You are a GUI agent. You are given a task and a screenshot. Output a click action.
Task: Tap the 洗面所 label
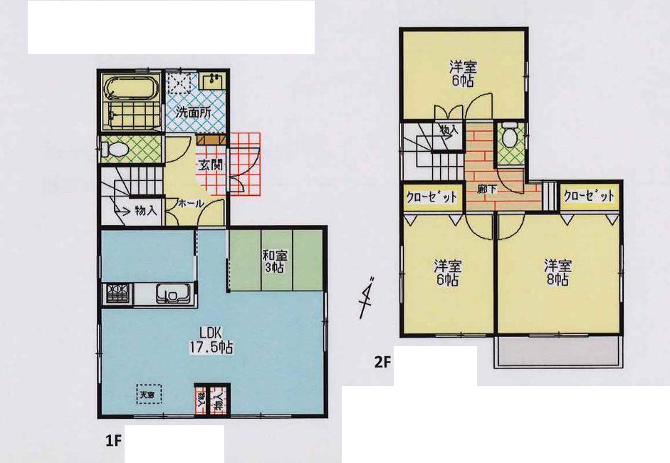pos(193,112)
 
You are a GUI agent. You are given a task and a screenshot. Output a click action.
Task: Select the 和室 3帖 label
pos(276,261)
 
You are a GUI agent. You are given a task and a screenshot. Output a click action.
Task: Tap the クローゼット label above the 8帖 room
pos(588,196)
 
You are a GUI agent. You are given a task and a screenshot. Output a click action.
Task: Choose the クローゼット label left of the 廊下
pos(431,197)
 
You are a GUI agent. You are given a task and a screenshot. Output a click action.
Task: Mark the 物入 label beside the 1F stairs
pos(145,210)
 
